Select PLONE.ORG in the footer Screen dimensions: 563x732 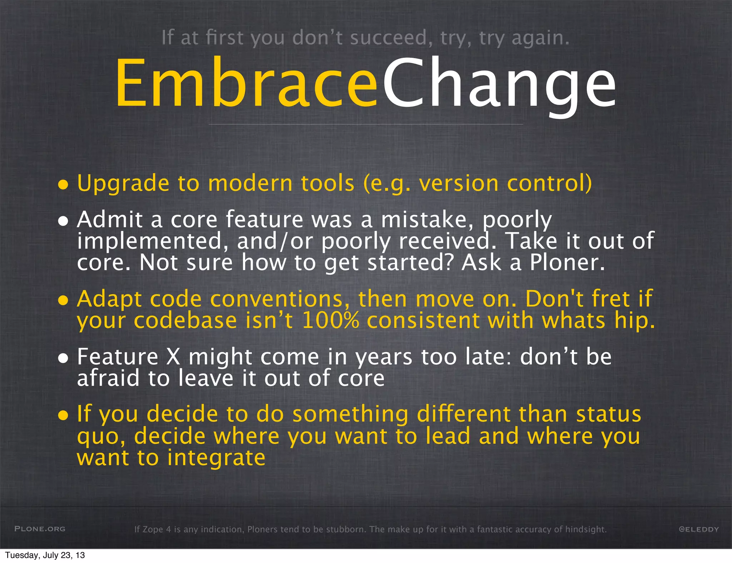pos(40,529)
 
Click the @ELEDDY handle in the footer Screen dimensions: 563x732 pos(698,529)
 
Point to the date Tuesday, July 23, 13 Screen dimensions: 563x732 pos(45,555)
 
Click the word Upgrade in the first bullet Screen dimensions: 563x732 pos(123,184)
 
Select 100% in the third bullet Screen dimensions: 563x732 pos(330,320)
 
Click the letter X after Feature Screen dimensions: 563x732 pos(173,357)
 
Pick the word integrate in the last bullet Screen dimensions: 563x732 pos(217,458)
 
